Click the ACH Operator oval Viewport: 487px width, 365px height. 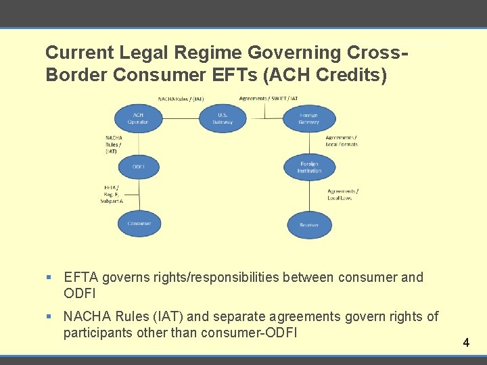tap(138, 118)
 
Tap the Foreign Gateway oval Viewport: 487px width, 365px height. tap(309, 118)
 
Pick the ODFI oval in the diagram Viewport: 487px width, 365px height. tap(138, 166)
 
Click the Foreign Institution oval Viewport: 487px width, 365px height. tap(309, 167)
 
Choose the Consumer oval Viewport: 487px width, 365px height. tap(138, 223)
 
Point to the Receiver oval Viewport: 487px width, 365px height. tap(309, 224)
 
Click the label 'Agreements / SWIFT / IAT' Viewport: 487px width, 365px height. tap(268, 99)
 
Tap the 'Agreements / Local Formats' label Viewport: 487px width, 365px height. tap(341, 141)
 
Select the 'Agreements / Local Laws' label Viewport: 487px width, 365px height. tap(342, 195)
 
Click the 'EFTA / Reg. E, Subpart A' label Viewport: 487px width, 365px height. tap(111, 194)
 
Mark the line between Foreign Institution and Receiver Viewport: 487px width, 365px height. tap(309, 196)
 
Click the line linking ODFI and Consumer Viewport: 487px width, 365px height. tap(138, 195)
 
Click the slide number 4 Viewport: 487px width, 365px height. tap(466, 343)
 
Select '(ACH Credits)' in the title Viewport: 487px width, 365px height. tap(329, 75)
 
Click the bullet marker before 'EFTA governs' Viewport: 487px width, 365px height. tap(49, 278)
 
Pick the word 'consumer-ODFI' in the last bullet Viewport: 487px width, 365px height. tap(252, 333)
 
